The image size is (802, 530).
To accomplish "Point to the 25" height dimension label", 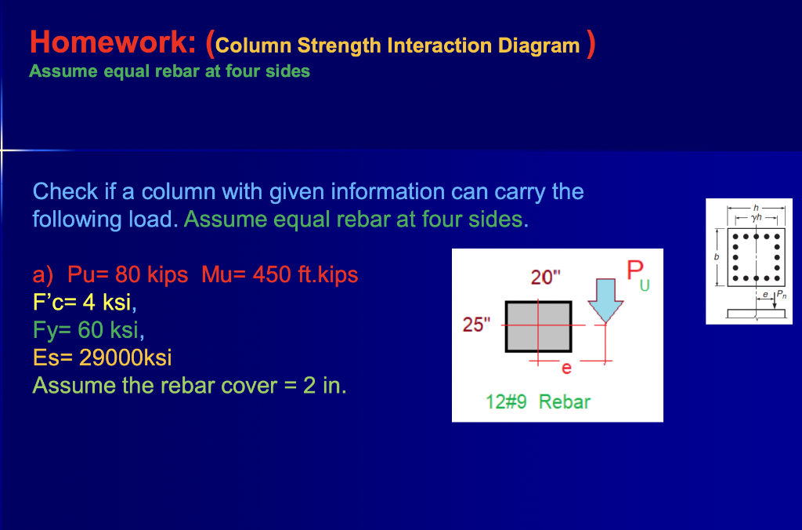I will pos(475,325).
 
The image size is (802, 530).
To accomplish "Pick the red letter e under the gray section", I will pos(567,367).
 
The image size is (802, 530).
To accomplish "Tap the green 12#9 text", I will pos(507,402).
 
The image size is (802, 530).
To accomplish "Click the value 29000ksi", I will pos(125,358).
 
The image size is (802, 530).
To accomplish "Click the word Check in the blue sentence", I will pos(65,191).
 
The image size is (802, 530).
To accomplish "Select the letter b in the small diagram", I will pos(715,256).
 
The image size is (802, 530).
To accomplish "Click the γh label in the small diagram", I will pos(755,216).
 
